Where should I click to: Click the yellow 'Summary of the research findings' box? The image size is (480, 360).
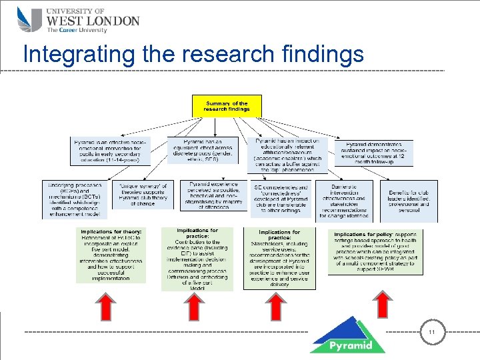click(x=227, y=106)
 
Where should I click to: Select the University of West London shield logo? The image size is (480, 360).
click(x=29, y=20)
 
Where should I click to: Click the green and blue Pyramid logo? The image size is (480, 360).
click(x=347, y=335)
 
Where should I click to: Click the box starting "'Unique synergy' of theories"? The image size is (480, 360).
click(x=142, y=194)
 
